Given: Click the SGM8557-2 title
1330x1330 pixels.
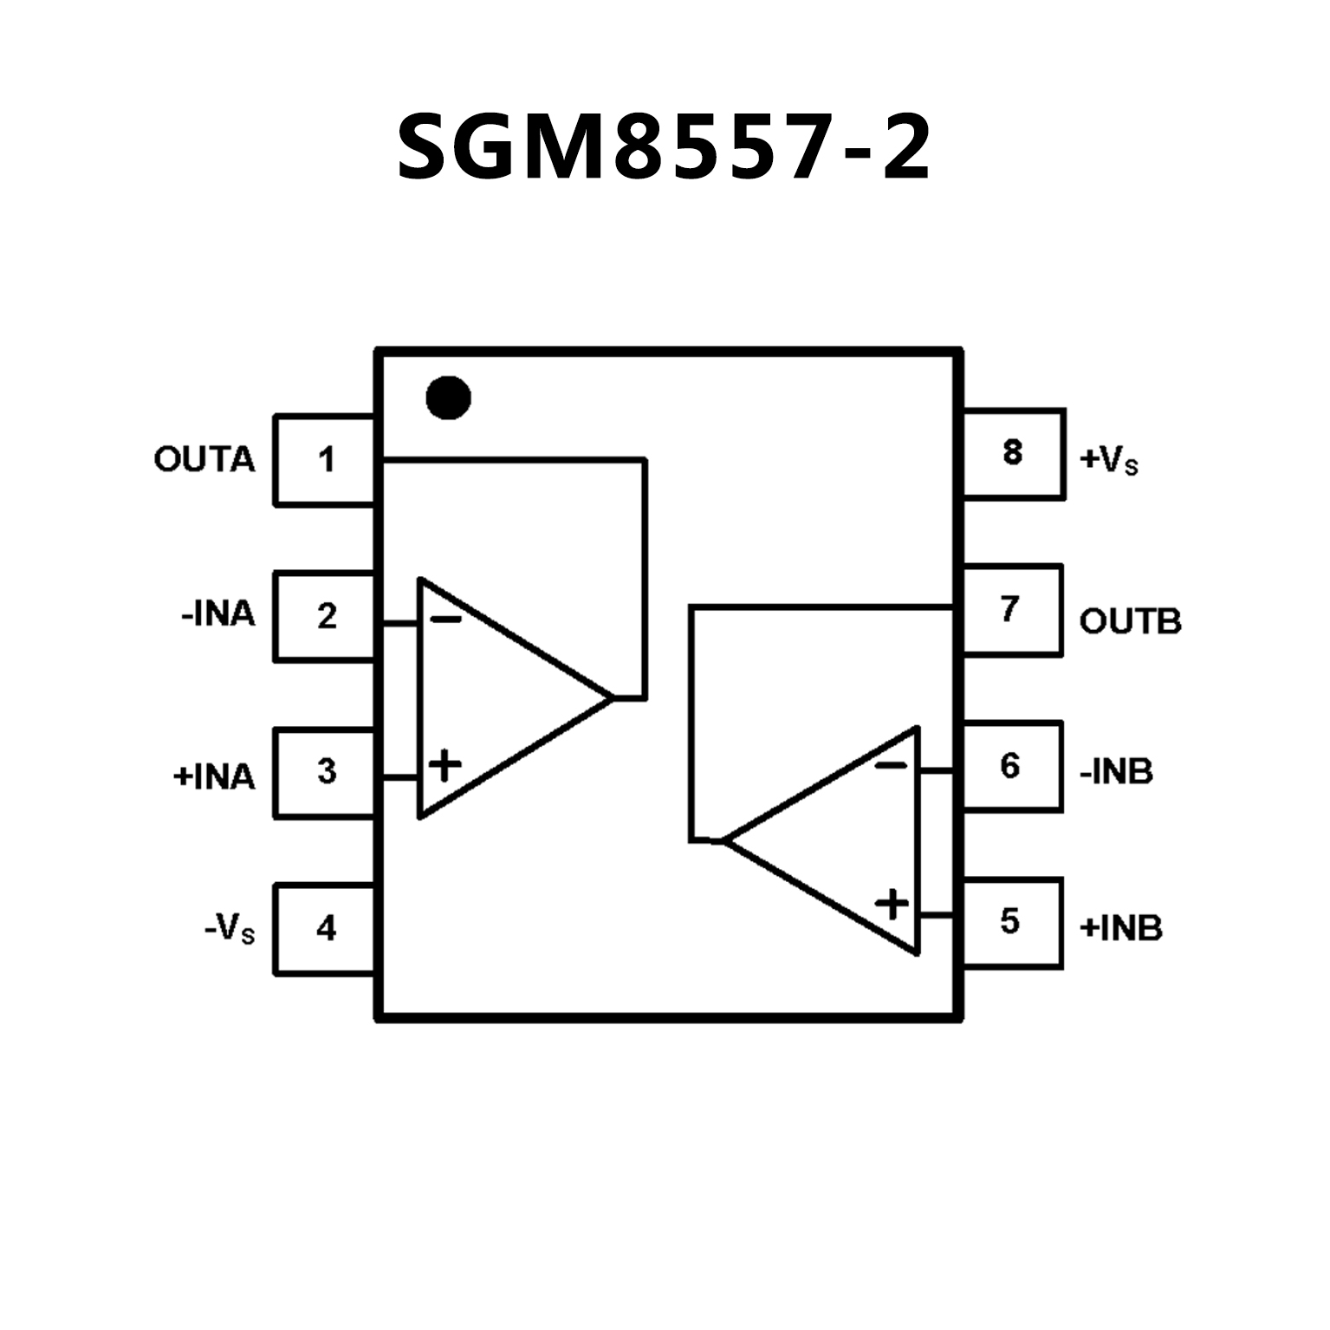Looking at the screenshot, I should [x=664, y=147].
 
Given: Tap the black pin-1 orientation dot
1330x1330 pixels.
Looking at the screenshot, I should [x=448, y=399].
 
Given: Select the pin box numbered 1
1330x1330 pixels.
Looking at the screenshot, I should [x=325, y=460].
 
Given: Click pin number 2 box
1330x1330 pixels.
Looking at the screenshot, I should [x=325, y=616].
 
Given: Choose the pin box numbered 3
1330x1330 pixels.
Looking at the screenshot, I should [x=325, y=772].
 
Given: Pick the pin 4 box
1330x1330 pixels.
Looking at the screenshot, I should [x=325, y=929].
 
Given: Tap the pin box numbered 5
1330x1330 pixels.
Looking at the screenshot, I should [x=1011, y=922].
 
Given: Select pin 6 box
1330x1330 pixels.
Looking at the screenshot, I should [x=1011, y=766].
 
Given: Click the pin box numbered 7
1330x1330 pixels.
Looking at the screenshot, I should [x=1011, y=610].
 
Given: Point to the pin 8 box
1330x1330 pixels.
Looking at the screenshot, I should [x=1013, y=453].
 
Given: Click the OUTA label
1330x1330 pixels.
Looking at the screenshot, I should [x=204, y=460].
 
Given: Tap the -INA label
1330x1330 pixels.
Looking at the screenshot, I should [x=218, y=615].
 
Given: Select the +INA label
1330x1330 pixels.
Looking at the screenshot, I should [x=214, y=776].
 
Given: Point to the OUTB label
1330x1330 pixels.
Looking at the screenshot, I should [x=1130, y=621].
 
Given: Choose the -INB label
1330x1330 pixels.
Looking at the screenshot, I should [x=1116, y=771].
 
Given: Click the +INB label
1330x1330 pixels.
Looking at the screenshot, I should [x=1120, y=928].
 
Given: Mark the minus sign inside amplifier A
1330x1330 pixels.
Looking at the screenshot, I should [x=446, y=619].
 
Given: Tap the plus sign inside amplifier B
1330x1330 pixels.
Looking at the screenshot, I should [x=892, y=905].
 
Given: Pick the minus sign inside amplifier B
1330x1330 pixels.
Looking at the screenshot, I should [x=891, y=765].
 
